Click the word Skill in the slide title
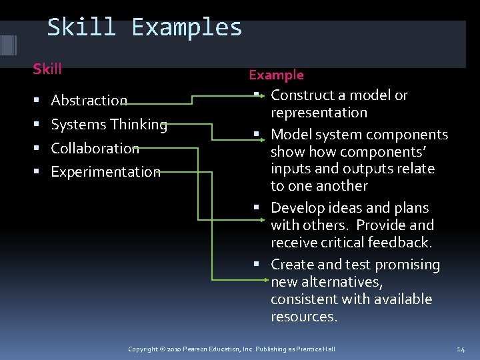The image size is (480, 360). pos(81,27)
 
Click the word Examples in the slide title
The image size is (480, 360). pos(187,28)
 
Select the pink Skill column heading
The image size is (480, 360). pos(47,69)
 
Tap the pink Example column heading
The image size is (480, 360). pos(276,75)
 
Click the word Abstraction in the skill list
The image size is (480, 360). pos(89,101)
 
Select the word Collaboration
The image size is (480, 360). pos(95,148)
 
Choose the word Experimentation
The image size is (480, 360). pos(105,172)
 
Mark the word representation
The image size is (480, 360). pos(319,113)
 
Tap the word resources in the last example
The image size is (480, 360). pos(303,317)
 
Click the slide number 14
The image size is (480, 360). pos(461,349)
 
